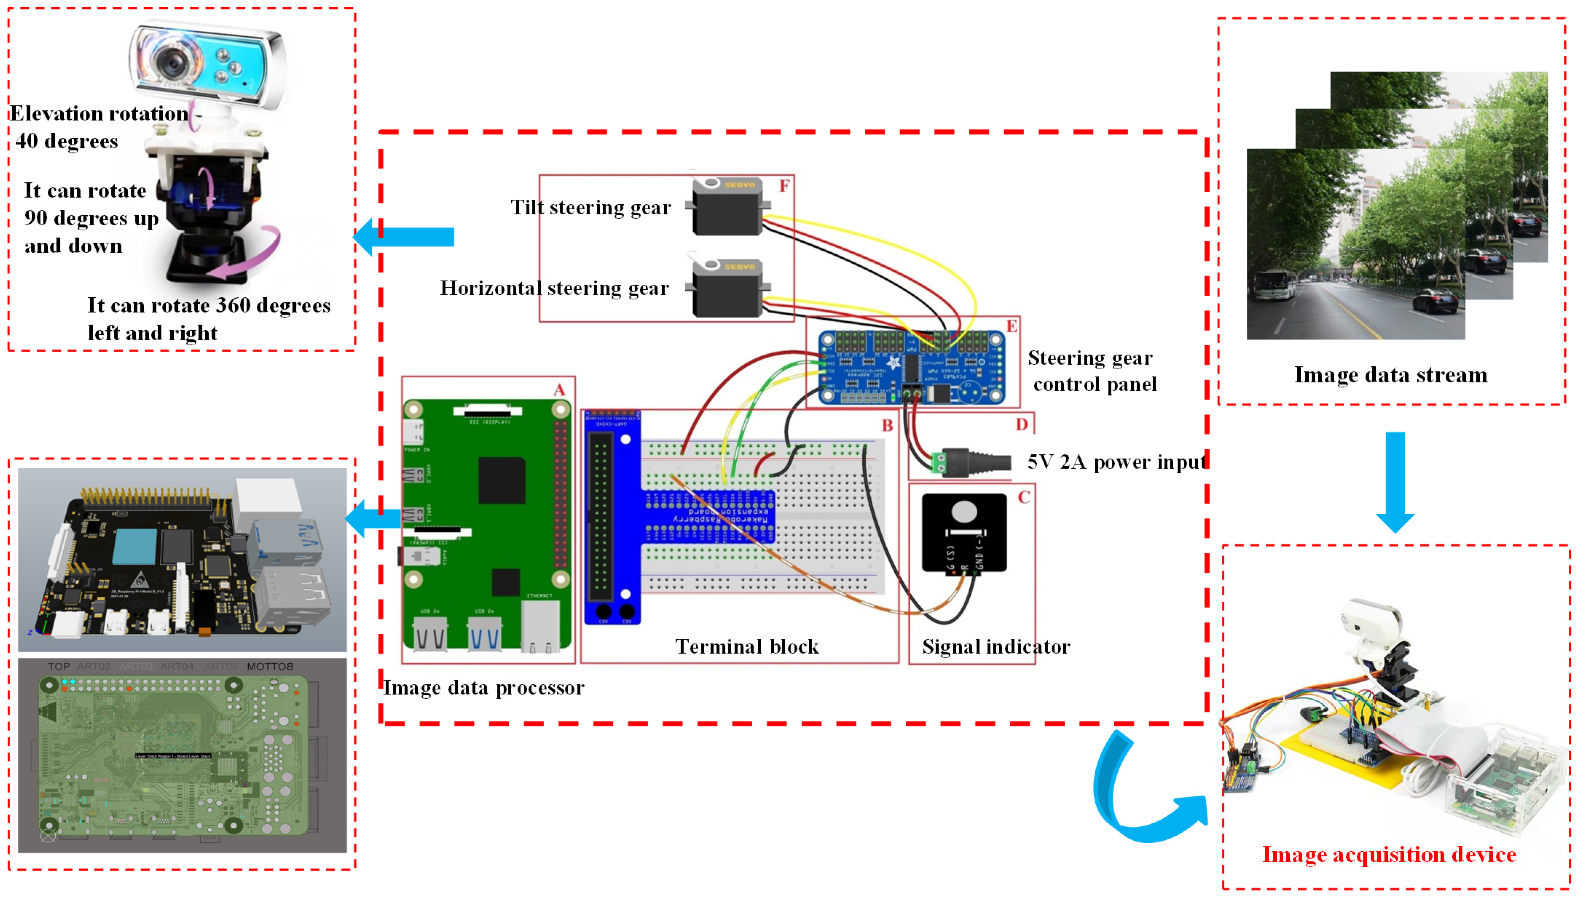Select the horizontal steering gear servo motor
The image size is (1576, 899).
[727, 289]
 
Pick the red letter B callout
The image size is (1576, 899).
[887, 425]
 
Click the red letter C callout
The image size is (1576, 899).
[1024, 498]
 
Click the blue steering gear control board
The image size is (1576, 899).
[911, 368]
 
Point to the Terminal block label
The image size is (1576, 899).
[746, 647]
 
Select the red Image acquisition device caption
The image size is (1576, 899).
[1388, 855]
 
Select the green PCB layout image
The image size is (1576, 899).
[182, 755]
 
